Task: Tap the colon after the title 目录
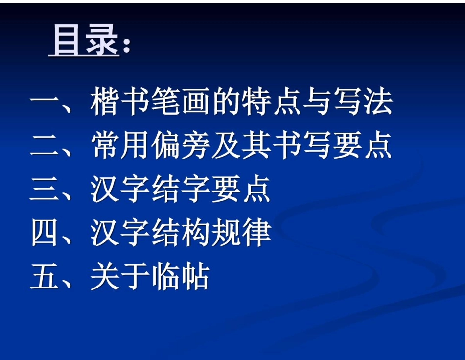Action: pos(126,45)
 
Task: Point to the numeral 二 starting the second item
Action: pos(45,146)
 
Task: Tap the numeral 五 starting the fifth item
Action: pos(45,277)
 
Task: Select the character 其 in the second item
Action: pos(256,145)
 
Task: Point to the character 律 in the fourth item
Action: pos(256,233)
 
